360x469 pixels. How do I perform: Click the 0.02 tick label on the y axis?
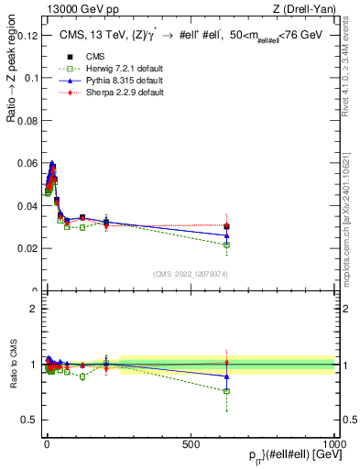pos(26,248)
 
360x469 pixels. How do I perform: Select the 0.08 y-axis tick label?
pos(26,120)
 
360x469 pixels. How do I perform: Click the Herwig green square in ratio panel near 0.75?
pos(227,391)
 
